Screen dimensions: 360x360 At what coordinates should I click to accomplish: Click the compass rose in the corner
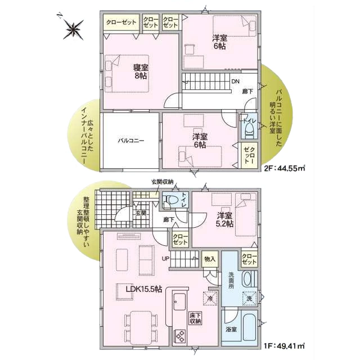pos(73,29)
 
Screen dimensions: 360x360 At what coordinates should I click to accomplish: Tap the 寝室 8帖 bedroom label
pos(141,71)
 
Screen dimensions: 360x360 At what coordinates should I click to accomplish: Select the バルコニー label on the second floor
pos(131,141)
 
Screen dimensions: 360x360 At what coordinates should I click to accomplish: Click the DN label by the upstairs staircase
pos(235,81)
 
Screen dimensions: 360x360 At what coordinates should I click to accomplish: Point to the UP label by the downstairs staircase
pos(165,259)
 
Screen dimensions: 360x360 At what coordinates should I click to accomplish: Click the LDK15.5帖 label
pos(144,289)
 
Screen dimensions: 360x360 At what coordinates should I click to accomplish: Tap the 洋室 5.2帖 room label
pos(225,219)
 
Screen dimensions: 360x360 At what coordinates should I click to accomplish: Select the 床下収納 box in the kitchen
pos(195,318)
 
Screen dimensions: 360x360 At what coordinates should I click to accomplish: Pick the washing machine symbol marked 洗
pos(250,299)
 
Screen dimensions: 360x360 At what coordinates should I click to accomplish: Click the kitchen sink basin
pos(179,301)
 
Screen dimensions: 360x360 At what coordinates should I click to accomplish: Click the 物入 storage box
pos(210,259)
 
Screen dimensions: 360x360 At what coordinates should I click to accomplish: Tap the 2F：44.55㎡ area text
pos(285,169)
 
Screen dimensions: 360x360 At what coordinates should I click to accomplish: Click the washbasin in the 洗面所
pos(247,279)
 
